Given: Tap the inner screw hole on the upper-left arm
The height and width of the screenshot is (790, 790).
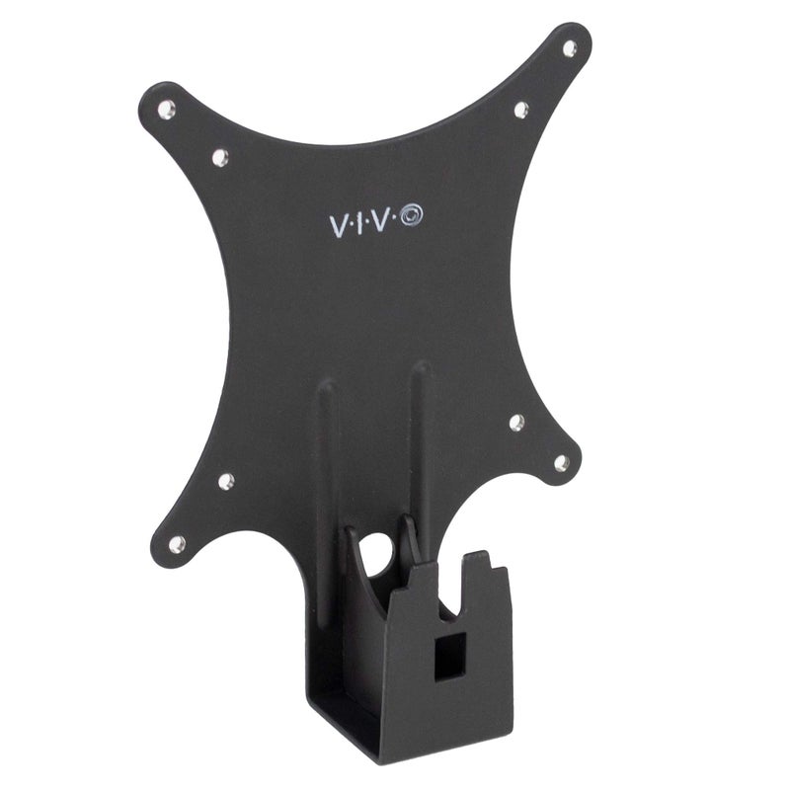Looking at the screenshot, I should (x=219, y=155).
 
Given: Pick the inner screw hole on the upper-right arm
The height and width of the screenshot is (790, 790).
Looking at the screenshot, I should (x=521, y=110).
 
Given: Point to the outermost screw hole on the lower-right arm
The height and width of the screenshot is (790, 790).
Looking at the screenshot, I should (x=561, y=461).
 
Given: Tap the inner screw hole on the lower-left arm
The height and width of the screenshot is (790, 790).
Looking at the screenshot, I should (x=226, y=481).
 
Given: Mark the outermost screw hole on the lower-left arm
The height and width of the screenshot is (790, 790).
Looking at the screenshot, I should (x=177, y=543).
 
